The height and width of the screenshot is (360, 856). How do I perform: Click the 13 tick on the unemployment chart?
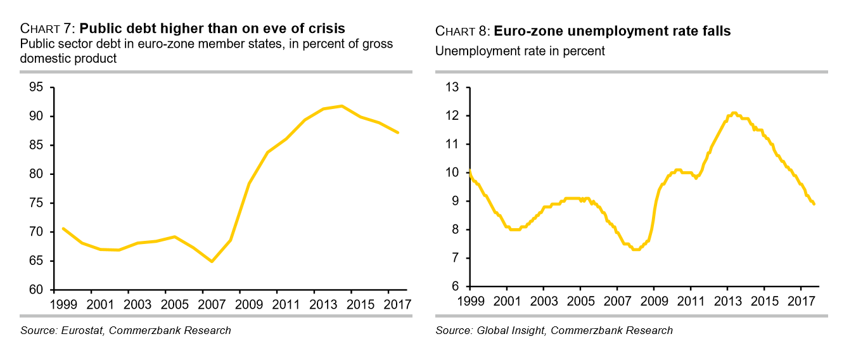point(451,87)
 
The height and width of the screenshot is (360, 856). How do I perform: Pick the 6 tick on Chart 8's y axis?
point(454,286)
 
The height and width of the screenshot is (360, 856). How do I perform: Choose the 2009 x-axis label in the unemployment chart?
point(654,300)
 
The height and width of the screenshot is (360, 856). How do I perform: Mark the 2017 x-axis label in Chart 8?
point(801,300)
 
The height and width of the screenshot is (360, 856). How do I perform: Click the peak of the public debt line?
point(342,106)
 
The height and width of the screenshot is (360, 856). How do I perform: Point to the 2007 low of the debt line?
point(211,261)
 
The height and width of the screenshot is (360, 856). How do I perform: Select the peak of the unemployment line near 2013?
point(733,113)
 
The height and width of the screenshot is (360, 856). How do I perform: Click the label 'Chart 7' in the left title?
point(48,29)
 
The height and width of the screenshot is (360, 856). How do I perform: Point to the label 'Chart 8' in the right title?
point(463,32)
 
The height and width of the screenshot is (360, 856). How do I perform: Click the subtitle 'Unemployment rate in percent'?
point(520,51)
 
